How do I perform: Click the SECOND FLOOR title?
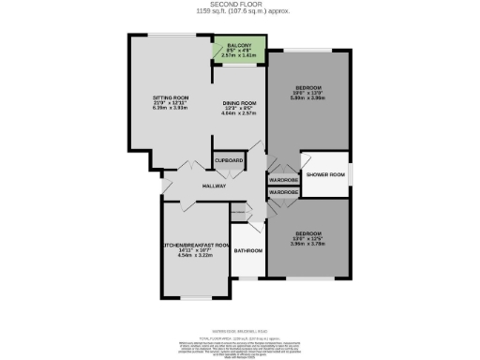pyautogui.click(x=239, y=5)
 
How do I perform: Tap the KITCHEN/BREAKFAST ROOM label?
pyautogui.click(x=196, y=246)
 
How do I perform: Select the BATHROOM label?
pyautogui.click(x=247, y=251)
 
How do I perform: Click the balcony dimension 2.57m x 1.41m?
pyautogui.click(x=238, y=55)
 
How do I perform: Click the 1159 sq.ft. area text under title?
pyautogui.click(x=239, y=12)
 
